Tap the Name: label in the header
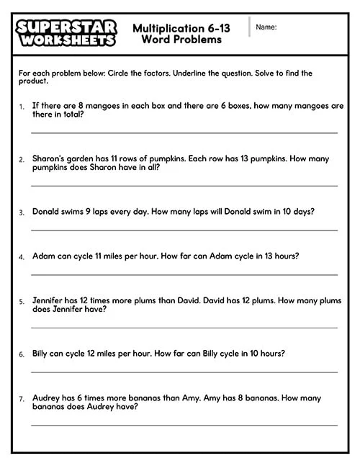tap(266, 27)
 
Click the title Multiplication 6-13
tap(181, 28)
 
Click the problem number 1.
tap(21, 106)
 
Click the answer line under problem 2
tap(184, 186)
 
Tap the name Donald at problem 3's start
tap(46, 212)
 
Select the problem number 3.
tap(21, 212)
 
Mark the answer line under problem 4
tap(184, 274)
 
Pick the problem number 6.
tap(21, 354)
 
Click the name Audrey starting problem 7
tap(46, 398)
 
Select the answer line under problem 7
tap(184, 425)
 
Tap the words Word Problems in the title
tap(181, 40)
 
